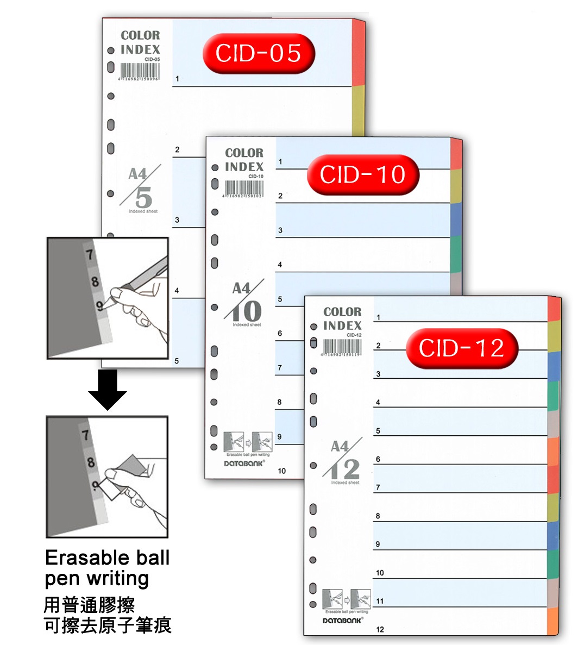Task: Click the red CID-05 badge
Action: coord(259,53)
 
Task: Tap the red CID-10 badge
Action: coord(363,174)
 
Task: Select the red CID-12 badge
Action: coord(462,348)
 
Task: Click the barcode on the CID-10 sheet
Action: coord(244,187)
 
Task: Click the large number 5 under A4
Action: coord(144,197)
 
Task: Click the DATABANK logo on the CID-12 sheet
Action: coord(343,620)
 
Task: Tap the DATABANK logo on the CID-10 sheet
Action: coord(244,463)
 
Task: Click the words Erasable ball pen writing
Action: coord(107,568)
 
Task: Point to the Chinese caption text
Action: coord(107,615)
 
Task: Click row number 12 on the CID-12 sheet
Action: coord(380,629)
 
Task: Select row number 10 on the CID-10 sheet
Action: coord(281,471)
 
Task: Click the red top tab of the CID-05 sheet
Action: coord(359,52)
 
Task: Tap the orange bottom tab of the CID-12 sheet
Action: coord(553,621)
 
